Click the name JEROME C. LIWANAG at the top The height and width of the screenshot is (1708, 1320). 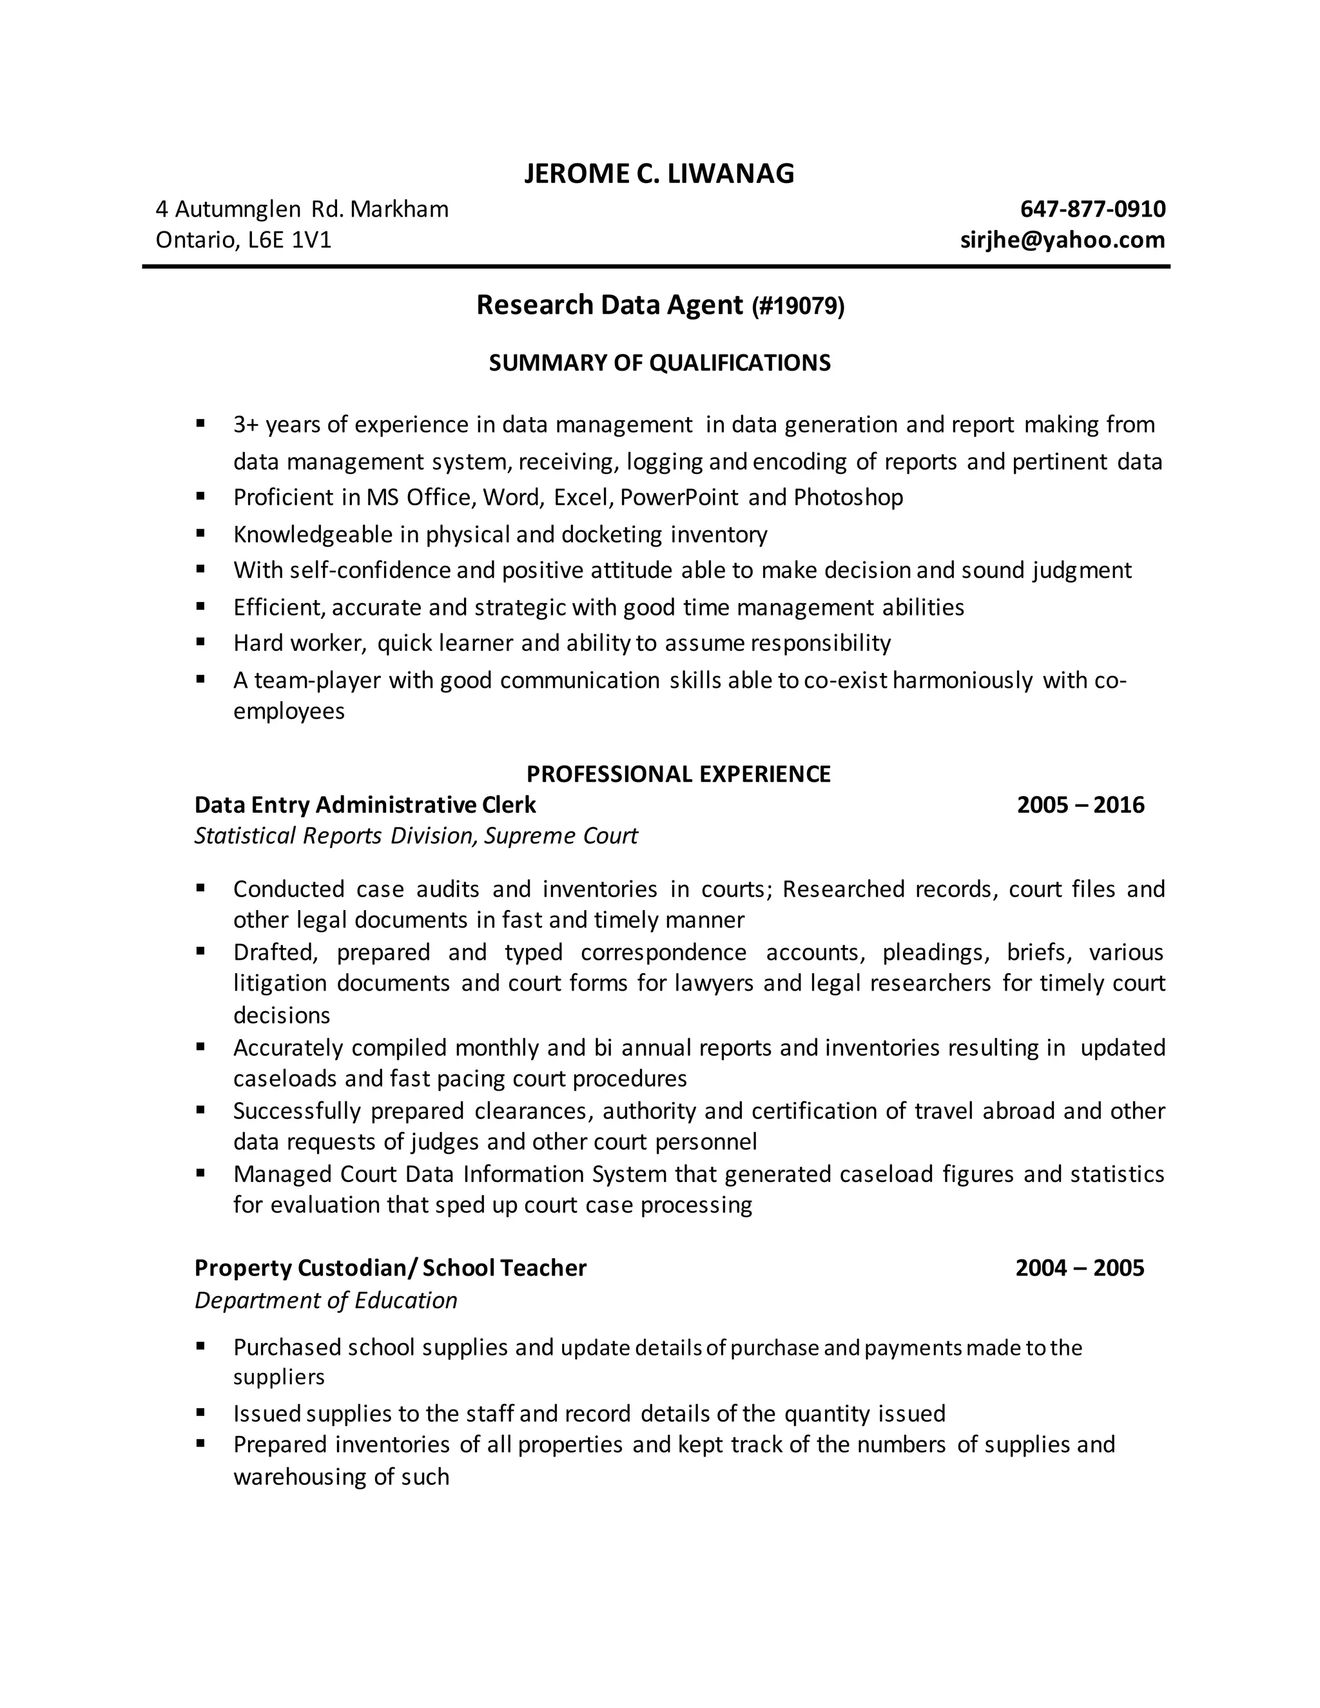[659, 173]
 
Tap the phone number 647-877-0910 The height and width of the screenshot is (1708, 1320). [1092, 209]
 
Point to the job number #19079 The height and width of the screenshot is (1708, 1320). [799, 306]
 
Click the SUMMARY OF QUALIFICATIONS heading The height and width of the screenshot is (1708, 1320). [659, 363]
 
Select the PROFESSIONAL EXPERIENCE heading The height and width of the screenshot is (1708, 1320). [678, 773]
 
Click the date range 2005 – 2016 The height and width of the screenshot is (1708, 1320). [1080, 805]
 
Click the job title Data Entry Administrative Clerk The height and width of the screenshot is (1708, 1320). [365, 805]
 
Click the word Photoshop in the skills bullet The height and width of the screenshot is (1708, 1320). [848, 498]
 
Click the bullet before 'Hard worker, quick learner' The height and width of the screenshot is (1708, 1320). [201, 642]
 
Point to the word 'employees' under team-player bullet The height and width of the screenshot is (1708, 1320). [289, 711]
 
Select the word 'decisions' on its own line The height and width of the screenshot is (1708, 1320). [282, 1015]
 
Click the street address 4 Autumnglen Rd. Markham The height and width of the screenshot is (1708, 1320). [302, 209]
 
